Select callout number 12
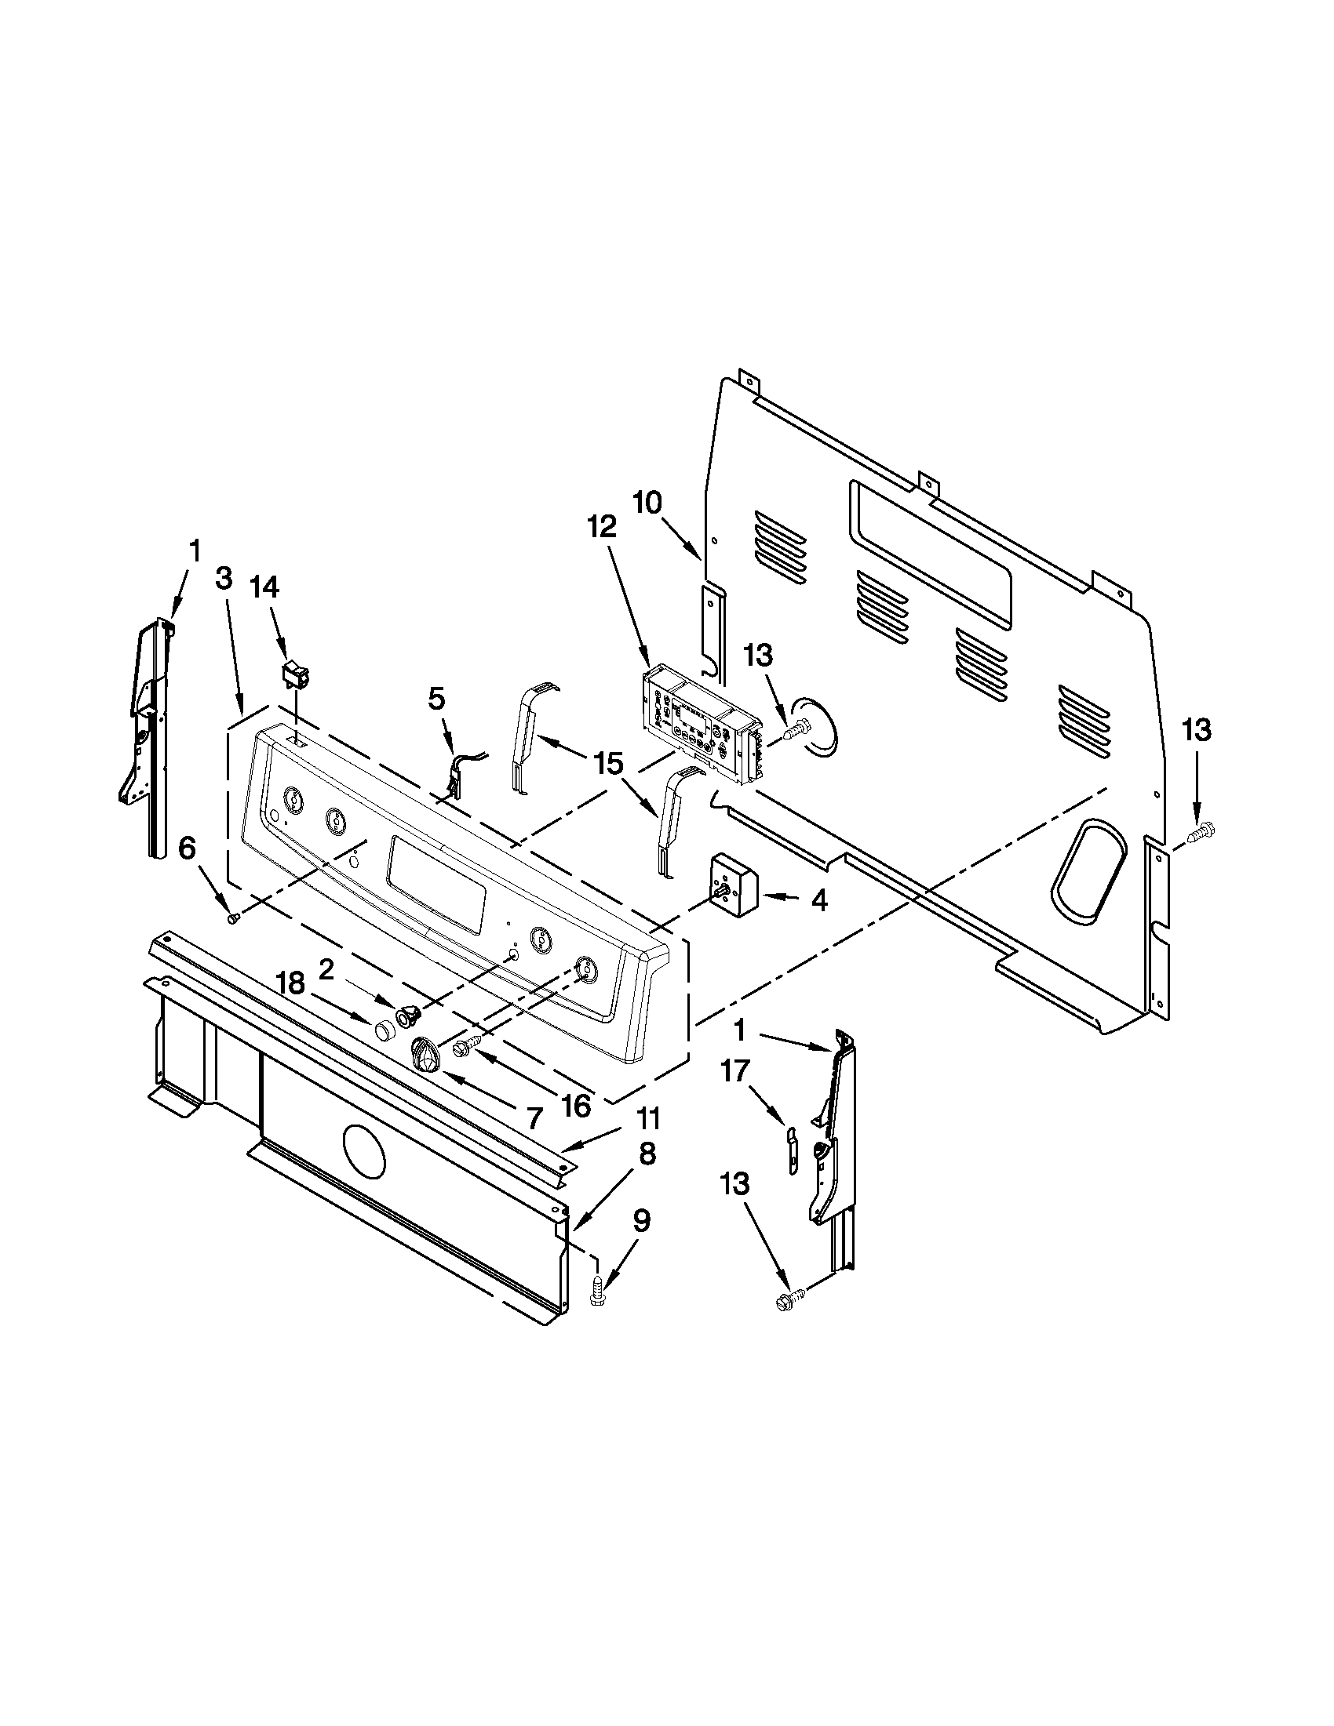[x=603, y=525]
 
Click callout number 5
[x=436, y=698]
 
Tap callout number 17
[x=734, y=1073]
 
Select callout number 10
[x=647, y=503]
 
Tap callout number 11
[x=648, y=1119]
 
